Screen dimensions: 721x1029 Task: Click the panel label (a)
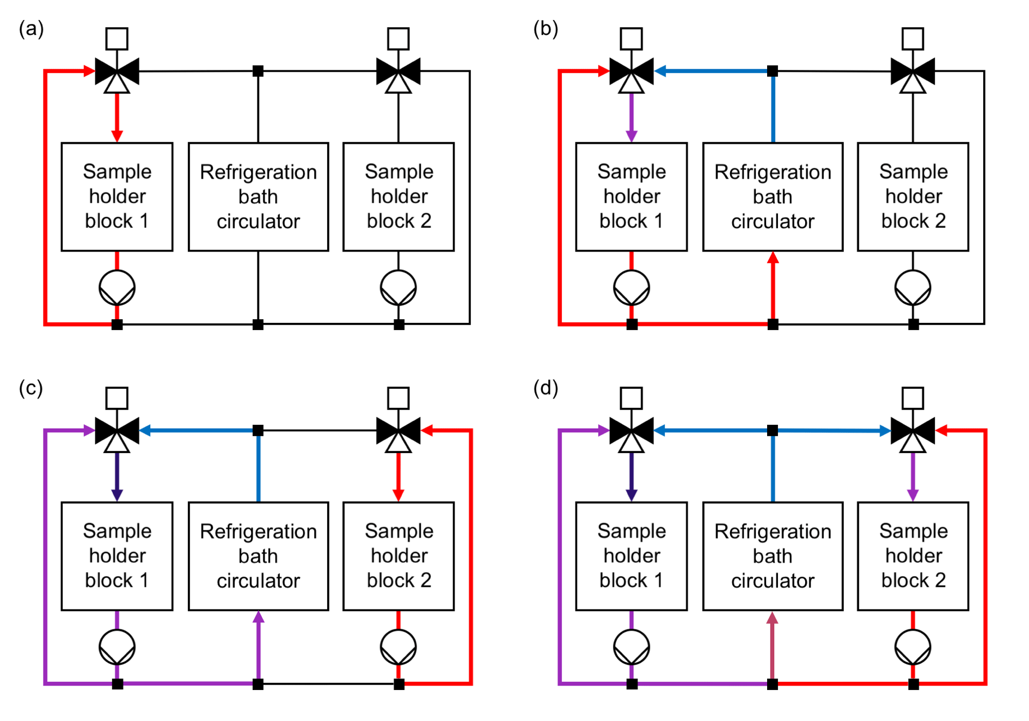(31, 28)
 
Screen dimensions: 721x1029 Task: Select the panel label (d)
(546, 388)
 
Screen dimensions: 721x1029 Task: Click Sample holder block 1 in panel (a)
(117, 197)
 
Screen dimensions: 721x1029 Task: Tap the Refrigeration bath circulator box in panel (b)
(773, 197)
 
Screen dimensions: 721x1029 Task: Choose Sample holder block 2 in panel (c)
(399, 556)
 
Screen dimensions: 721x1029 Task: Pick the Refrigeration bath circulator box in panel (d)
(773, 556)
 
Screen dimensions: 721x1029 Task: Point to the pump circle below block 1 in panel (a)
(117, 288)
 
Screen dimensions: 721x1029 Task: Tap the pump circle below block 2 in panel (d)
(912, 647)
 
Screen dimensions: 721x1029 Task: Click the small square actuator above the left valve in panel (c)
(117, 398)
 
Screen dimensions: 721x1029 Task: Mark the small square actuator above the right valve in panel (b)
(912, 39)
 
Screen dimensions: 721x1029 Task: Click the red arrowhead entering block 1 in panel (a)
(117, 136)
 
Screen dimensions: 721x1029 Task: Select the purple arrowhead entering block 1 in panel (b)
(632, 136)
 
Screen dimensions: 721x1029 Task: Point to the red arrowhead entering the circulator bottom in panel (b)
(773, 259)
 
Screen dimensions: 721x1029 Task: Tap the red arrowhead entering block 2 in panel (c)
(399, 495)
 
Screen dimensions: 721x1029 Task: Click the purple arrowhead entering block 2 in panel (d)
(912, 495)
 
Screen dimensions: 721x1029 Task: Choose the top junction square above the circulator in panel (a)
(258, 71)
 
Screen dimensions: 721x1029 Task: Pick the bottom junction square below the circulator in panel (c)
(258, 684)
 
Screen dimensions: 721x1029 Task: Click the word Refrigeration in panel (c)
(258, 531)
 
